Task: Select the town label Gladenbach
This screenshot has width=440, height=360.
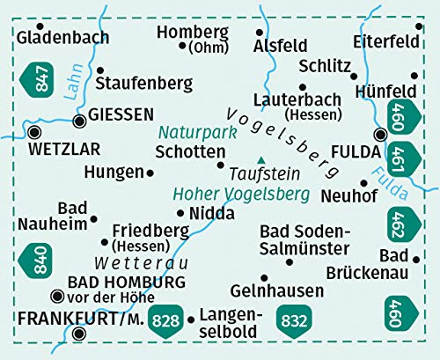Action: click(62, 37)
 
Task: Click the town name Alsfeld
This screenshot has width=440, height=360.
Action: click(279, 46)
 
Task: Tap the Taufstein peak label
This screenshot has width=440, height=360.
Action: click(265, 173)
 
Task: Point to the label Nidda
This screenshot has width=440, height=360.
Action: click(211, 213)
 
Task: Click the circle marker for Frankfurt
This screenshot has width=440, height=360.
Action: click(81, 334)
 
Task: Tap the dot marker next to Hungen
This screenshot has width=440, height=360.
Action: click(150, 173)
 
